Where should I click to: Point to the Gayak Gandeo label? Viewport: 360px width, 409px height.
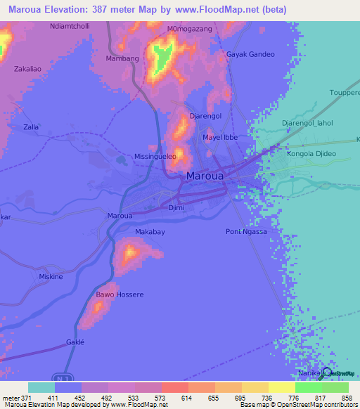pos(250,54)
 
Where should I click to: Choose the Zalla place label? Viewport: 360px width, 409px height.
pos(31,126)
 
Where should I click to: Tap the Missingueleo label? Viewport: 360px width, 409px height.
pos(155,157)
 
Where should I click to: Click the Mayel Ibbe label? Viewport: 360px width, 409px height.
pos(220,137)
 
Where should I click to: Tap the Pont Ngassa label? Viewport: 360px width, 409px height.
pos(246,232)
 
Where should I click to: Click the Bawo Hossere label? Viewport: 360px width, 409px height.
pos(120,295)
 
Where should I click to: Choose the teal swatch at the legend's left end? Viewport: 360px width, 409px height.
pos(41,387)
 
